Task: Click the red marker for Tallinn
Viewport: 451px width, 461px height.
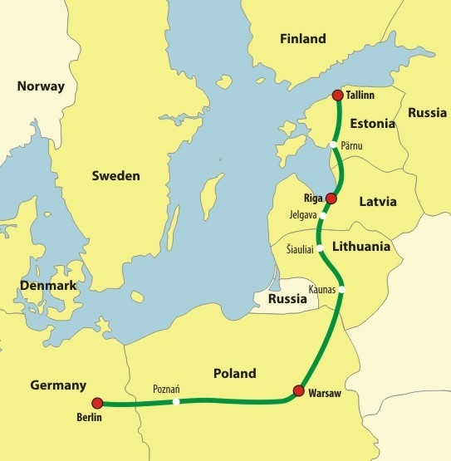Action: tap(337, 96)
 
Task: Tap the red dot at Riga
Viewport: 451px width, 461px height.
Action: tap(331, 199)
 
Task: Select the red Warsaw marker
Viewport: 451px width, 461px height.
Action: tap(299, 390)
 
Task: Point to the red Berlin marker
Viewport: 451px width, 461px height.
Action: tap(97, 403)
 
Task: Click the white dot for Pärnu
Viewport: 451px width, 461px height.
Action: tap(333, 145)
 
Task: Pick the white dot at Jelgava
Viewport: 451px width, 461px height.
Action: tap(325, 211)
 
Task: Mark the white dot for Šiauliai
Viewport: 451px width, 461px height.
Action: tap(320, 248)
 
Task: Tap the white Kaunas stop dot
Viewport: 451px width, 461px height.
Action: tap(341, 289)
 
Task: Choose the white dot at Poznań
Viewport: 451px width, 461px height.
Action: tap(176, 402)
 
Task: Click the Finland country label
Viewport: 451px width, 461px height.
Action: tap(303, 38)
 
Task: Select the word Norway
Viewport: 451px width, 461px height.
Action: tap(41, 86)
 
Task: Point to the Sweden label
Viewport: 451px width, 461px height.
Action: tap(115, 176)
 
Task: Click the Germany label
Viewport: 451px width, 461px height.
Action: tap(58, 385)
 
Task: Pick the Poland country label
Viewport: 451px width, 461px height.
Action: tap(234, 373)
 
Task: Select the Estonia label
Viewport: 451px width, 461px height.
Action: tap(371, 125)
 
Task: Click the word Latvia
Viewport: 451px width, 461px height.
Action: tap(377, 201)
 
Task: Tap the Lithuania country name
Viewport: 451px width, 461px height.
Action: tap(360, 247)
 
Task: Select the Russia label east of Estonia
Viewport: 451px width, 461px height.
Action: tap(428, 112)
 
